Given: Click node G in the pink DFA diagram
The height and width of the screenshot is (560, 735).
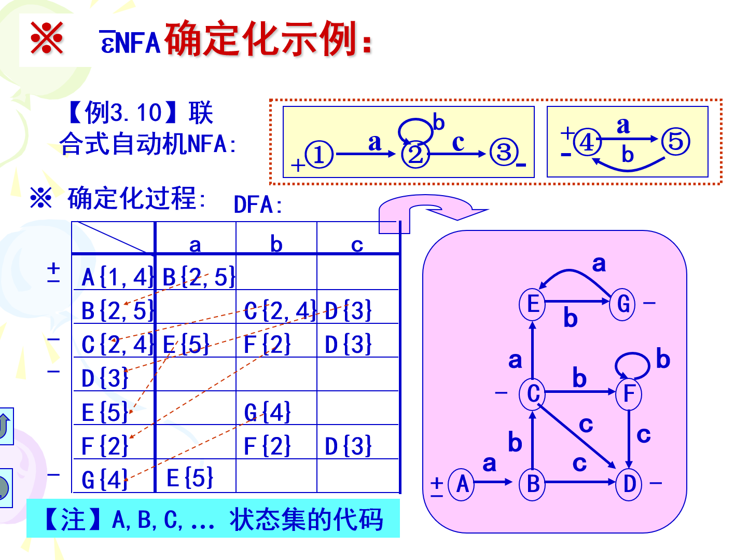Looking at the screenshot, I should coord(622,304).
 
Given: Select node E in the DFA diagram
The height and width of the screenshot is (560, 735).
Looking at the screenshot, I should coord(532,304).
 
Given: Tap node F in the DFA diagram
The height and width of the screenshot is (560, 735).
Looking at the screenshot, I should coord(629,393).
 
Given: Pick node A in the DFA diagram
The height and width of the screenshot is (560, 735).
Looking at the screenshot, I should coord(462,484).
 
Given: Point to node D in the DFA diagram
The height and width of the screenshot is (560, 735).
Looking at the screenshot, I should coord(629,484).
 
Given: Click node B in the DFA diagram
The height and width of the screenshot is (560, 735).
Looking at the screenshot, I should coord(532,484).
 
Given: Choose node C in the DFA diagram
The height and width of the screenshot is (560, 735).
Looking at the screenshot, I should coord(532,393).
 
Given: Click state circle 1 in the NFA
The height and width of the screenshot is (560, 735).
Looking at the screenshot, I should coord(318,155).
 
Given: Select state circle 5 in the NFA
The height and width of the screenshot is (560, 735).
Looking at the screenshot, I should coord(676,141).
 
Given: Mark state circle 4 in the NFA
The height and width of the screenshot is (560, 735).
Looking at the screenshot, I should coord(587,142).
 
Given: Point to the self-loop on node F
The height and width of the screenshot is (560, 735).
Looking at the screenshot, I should coord(632,364).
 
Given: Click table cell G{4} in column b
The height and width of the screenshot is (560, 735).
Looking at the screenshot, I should coord(267,413).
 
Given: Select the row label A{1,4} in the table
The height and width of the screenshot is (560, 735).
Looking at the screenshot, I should coord(117,277).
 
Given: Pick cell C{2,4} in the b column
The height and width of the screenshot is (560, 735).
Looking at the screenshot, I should coord(279,311).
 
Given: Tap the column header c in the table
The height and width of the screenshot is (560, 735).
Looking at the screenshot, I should coord(357,244).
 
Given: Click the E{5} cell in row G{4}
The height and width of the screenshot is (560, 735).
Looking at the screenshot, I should coord(190,478).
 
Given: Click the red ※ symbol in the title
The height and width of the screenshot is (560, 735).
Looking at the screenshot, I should coord(47,38).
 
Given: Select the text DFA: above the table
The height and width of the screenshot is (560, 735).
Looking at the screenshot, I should coord(258,205).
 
